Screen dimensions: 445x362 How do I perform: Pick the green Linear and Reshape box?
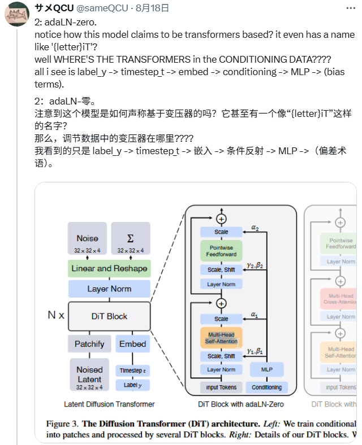[x=109, y=268]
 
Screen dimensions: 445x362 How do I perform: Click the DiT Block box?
[x=109, y=316]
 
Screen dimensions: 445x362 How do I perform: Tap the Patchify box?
[x=89, y=344]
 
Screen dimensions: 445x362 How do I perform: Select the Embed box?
[x=132, y=344]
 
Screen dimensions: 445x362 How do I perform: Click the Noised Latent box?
[x=89, y=374]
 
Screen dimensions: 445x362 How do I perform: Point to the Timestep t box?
[x=132, y=370]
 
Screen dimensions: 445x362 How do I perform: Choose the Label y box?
[x=132, y=385]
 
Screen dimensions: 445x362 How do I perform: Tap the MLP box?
[x=266, y=369]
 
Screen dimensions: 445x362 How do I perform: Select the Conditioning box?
[x=266, y=387]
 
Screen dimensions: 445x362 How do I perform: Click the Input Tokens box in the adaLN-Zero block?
[x=221, y=387]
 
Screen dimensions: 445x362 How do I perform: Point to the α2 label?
[x=254, y=229]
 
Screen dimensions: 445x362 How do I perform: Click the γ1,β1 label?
[x=255, y=351]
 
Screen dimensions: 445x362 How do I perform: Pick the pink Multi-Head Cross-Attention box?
[x=340, y=298]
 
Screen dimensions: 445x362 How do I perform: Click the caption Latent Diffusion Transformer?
[x=109, y=404]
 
